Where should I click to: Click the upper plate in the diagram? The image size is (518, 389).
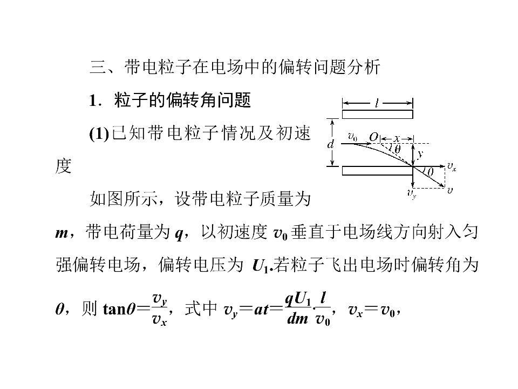377,114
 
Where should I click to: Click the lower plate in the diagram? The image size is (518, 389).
377,170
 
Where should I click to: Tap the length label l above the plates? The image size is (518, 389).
377,104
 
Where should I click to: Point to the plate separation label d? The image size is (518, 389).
330,144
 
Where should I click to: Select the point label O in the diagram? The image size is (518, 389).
373,137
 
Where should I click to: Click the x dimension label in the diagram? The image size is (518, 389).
397,138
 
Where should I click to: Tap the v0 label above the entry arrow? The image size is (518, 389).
353,136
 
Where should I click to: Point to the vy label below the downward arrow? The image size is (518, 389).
412,193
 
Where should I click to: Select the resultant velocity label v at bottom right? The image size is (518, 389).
449,190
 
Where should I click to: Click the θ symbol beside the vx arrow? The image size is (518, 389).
430,172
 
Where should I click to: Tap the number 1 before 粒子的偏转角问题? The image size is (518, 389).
93,100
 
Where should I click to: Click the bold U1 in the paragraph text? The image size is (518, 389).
261,266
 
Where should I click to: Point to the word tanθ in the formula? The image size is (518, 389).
119,309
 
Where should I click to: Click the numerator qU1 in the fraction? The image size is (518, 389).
298,299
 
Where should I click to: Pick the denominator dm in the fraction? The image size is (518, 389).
298,318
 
